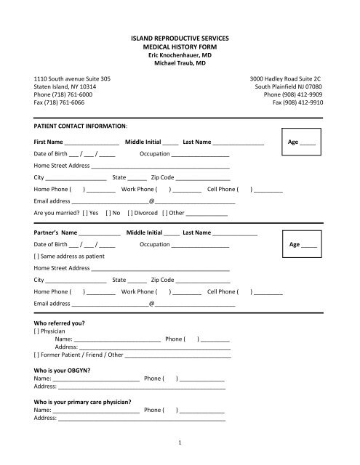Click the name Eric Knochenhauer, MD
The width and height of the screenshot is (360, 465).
tap(179, 55)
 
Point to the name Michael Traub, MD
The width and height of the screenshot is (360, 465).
tap(179, 64)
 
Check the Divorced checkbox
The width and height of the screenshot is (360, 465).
tap(132, 213)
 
